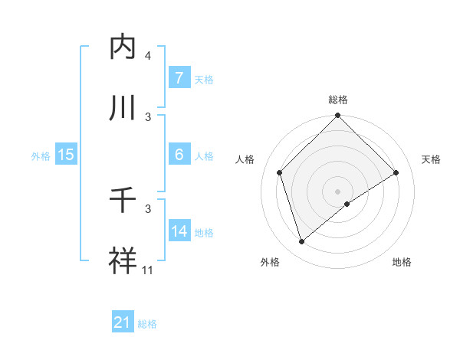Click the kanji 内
click(124, 47)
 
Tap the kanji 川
click(124, 108)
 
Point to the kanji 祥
click(124, 261)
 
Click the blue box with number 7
click(179, 78)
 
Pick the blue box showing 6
click(179, 155)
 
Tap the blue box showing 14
click(179, 231)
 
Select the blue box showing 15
click(65, 155)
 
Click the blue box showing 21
click(123, 322)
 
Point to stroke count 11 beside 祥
click(148, 270)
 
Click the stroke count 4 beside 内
click(148, 56)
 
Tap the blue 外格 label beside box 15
click(41, 155)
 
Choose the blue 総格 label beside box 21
click(147, 323)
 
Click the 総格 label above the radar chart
click(338, 100)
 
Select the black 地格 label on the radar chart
click(402, 262)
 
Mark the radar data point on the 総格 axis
click(338, 116)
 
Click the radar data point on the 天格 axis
click(396, 172)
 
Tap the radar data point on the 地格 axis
click(347, 204)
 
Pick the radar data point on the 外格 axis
click(301, 242)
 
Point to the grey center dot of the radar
click(338, 191)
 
